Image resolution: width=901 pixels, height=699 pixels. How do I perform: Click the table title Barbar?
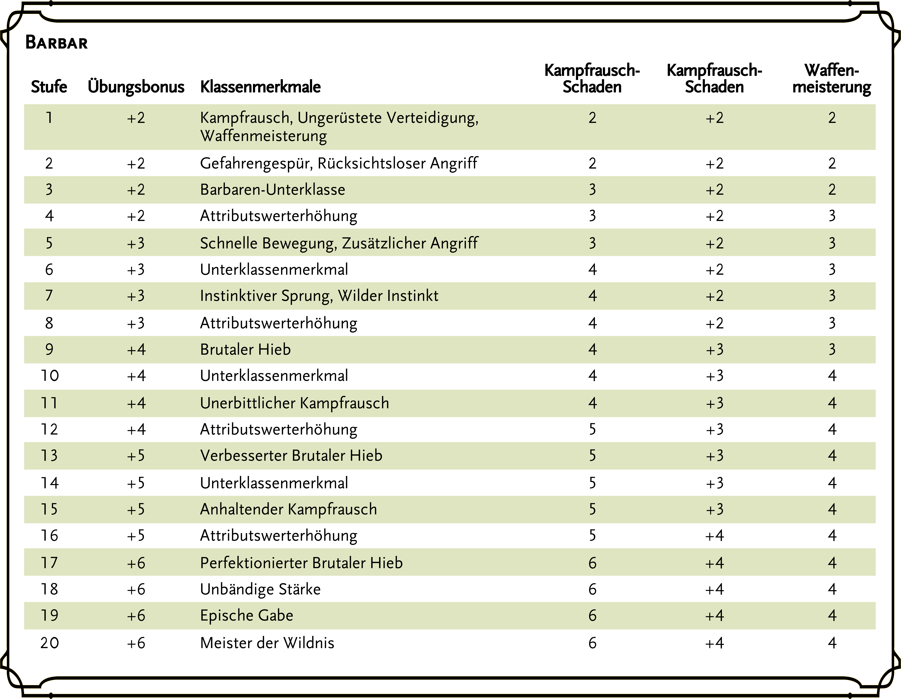(57, 42)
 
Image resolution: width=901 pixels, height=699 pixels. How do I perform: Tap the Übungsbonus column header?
(136, 87)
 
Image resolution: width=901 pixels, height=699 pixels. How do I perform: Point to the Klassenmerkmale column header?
(260, 87)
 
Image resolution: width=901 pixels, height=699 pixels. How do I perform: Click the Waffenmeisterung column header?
(832, 78)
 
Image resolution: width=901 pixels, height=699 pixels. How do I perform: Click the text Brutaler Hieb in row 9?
(245, 350)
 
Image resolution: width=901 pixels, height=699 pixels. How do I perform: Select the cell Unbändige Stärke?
(260, 589)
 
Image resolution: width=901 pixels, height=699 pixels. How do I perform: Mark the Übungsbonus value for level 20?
(136, 643)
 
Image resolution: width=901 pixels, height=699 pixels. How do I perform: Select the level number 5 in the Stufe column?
(49, 243)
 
